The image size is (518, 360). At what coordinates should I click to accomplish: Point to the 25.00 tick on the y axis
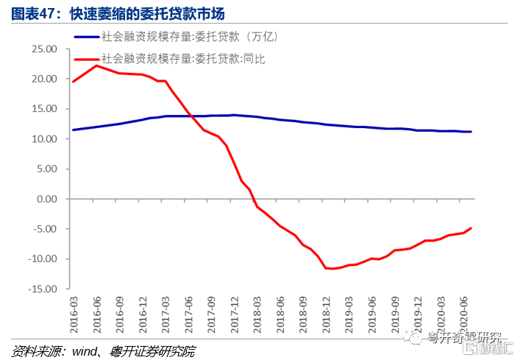click(x=45, y=49)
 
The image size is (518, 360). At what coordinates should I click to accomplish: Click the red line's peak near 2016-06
click(x=96, y=66)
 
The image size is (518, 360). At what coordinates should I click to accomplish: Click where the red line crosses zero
click(x=253, y=199)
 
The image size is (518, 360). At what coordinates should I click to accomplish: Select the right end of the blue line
click(x=471, y=132)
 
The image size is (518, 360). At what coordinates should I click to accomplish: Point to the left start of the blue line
click(x=72, y=130)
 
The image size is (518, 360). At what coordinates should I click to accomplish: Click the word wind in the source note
click(x=83, y=350)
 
